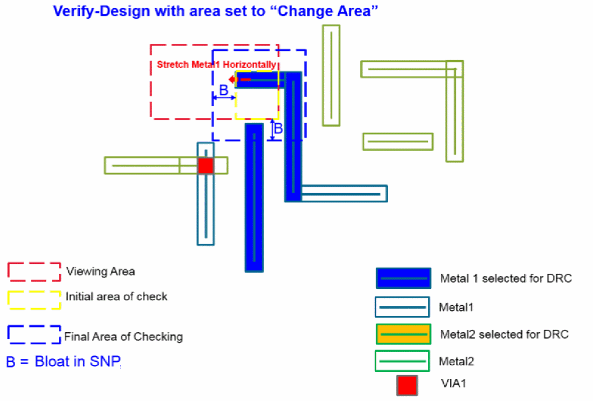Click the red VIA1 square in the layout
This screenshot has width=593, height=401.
click(x=206, y=165)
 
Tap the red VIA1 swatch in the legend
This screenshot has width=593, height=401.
click(x=407, y=385)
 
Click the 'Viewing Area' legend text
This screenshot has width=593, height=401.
click(x=100, y=271)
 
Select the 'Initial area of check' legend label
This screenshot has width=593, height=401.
click(x=116, y=297)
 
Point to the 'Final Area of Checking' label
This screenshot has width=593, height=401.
click(x=123, y=336)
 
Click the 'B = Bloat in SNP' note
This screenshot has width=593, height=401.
click(x=64, y=362)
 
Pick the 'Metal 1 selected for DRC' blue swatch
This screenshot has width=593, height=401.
click(x=403, y=278)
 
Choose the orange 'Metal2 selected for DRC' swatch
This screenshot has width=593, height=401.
click(x=403, y=334)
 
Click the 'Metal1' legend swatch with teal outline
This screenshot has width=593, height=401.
click(x=402, y=306)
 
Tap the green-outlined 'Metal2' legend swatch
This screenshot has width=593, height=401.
click(x=402, y=361)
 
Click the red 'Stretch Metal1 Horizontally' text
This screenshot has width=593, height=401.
click(x=216, y=64)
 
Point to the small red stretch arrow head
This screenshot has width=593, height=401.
click(x=231, y=79)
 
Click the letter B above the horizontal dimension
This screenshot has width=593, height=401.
click(x=223, y=90)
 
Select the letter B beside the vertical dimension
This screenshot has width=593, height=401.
click(x=278, y=129)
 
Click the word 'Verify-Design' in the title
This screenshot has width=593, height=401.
click(x=101, y=11)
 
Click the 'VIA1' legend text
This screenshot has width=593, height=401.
click(x=454, y=383)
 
